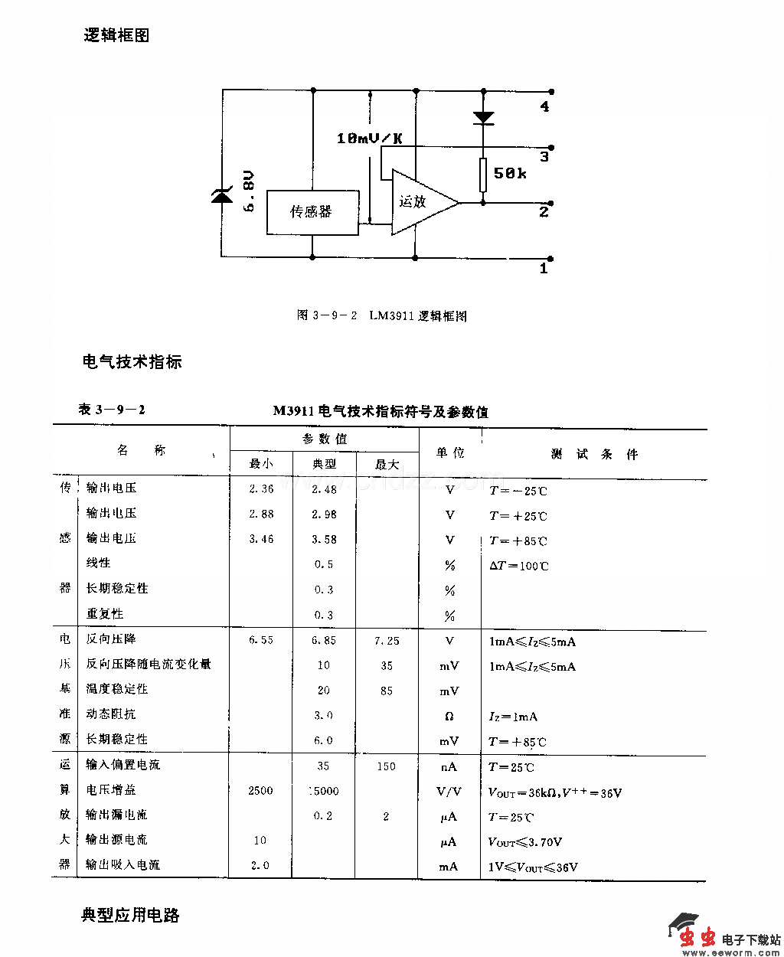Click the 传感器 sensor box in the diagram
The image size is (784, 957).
pyautogui.click(x=312, y=211)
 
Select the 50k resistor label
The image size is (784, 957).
pyautogui.click(x=510, y=174)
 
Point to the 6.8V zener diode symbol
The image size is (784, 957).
pyautogui.click(x=222, y=196)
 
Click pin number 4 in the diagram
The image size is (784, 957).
pyautogui.click(x=544, y=107)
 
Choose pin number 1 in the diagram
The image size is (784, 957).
pyautogui.click(x=544, y=269)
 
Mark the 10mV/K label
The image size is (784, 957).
pyautogui.click(x=369, y=139)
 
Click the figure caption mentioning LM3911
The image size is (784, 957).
pyautogui.click(x=381, y=315)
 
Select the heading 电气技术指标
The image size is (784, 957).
pyautogui.click(x=132, y=361)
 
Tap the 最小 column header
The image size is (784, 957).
pyautogui.click(x=261, y=464)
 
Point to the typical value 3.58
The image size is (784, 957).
pyautogui.click(x=324, y=540)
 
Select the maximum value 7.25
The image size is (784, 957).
pyautogui.click(x=387, y=641)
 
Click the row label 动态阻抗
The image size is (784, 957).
pyautogui.click(x=111, y=714)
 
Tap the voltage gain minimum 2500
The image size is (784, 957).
pyautogui.click(x=260, y=791)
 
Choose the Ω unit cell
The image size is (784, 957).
pyautogui.click(x=449, y=717)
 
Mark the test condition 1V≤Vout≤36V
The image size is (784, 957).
pyautogui.click(x=534, y=867)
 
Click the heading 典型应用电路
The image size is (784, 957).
pyautogui.click(x=130, y=915)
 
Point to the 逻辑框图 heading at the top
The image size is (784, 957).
pyautogui.click(x=116, y=35)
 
